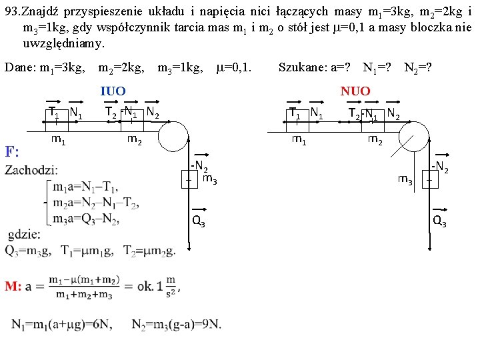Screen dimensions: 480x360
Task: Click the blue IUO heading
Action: coord(113,91)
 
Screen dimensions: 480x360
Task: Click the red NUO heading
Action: coord(355,91)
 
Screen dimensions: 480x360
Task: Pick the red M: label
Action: coord(13,287)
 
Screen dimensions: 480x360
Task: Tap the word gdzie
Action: coord(25,235)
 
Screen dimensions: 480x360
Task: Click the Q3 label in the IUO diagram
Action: coord(198,222)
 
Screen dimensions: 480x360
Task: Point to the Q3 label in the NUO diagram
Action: coord(439,222)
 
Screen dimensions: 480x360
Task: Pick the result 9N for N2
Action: coord(211,325)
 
